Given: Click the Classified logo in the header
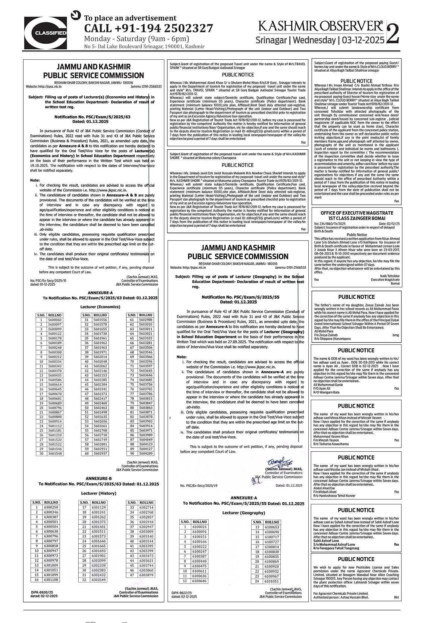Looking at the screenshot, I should (x=46, y=33).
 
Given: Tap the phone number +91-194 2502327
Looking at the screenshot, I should (x=149, y=29).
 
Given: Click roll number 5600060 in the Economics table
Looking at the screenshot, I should (x=55, y=320).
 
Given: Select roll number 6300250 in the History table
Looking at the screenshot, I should (x=51, y=507).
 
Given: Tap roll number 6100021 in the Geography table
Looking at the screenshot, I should (x=199, y=527).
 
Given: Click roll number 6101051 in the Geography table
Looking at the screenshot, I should (x=272, y=581).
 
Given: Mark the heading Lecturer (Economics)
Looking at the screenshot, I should (x=100, y=306).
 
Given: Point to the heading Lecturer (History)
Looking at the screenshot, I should (x=99, y=493).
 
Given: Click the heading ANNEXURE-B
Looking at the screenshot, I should (x=99, y=478).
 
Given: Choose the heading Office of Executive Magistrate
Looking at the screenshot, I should (x=357, y=213).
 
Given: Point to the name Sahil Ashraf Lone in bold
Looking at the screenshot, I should (x=326, y=541).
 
